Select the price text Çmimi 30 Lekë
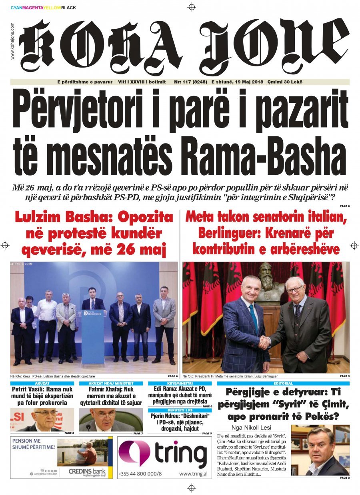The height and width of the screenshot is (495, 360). tap(285, 82)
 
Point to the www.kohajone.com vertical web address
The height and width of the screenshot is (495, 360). tap(12, 41)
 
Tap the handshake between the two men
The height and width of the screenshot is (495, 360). tap(264, 342)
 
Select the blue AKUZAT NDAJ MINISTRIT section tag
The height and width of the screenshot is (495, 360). tap(111, 383)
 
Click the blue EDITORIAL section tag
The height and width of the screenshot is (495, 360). tap(283, 383)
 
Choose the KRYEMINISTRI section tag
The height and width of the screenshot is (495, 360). tap(180, 383)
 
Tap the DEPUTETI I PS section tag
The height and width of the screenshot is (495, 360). tap(180, 410)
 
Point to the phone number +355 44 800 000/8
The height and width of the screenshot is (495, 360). tap(140, 474)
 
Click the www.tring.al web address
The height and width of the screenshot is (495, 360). tap(194, 474)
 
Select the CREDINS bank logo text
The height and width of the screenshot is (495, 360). tap(86, 471)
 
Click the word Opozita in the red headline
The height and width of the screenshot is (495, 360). tap(148, 218)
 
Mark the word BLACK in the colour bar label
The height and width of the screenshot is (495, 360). tap(69, 8)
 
